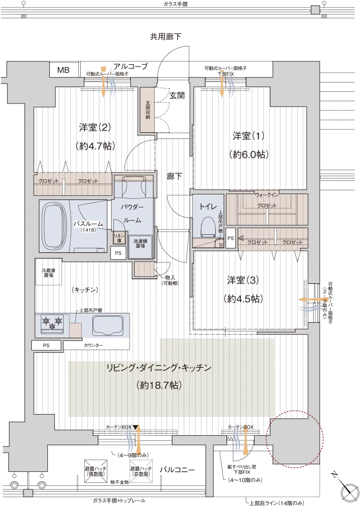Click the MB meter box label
tap(63, 70)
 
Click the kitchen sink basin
tap(108, 326)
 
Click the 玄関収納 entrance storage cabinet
tap(147, 110)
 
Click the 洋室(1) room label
tap(248, 136)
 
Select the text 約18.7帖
tap(159, 385)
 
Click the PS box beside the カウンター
tap(46, 345)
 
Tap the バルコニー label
tap(177, 470)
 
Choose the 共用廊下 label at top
tap(165, 37)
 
